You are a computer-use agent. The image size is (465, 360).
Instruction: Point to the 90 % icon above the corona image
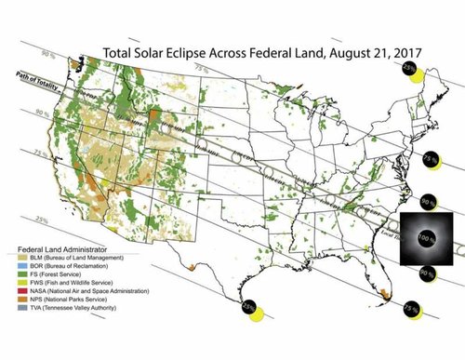[x=428, y=202]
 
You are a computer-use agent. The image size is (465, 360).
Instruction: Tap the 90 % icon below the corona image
[x=427, y=274]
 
